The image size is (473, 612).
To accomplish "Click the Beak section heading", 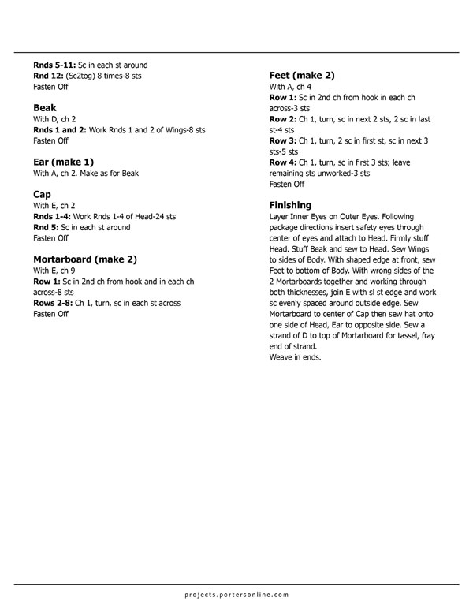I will coord(45,107).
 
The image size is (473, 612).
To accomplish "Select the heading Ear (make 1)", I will coord(64,161).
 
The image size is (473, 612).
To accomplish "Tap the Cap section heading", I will coord(43,193).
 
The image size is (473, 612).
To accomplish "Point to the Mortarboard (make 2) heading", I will coord(85,258).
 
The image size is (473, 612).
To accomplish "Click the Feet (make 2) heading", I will coord(302,75).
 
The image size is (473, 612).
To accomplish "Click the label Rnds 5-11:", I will coord(54,65).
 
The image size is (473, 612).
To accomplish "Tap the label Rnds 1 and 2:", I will coord(60,129).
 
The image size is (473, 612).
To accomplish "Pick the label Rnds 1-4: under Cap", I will coord(51,215).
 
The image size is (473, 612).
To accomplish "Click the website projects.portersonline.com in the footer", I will coord(236,594).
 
